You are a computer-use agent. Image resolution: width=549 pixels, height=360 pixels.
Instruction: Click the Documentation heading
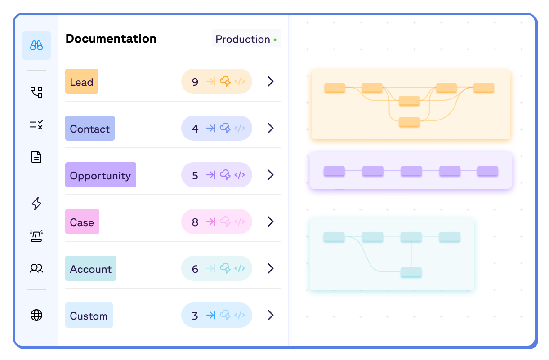pos(111,39)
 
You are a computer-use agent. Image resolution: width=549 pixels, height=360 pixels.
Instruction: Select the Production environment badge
pos(246,39)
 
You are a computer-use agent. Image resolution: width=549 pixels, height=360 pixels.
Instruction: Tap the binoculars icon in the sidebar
pos(36,45)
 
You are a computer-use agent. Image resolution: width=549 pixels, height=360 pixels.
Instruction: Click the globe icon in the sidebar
pos(36,315)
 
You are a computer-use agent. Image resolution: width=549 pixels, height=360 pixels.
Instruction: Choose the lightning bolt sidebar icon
pos(36,204)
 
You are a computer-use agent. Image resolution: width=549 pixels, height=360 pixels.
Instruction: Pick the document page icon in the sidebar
pos(36,157)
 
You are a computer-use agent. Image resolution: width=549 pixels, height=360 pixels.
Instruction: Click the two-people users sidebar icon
pos(36,268)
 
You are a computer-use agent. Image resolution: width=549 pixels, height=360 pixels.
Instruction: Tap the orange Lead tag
pos(82,82)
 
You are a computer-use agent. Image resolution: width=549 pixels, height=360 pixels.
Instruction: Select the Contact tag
pos(90,129)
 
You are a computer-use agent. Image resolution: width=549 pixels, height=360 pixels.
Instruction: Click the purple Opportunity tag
pos(101,175)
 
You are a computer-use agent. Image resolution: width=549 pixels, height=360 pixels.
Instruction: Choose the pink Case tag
pos(82,222)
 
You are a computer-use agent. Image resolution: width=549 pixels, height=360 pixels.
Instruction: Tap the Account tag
pos(91,269)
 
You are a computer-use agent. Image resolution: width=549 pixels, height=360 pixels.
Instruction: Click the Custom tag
pos(89,316)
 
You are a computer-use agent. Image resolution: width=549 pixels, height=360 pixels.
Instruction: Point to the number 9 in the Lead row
pos(195,82)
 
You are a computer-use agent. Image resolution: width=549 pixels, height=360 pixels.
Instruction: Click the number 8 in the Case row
pos(195,222)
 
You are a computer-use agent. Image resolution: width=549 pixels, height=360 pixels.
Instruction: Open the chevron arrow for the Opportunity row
pos(270,175)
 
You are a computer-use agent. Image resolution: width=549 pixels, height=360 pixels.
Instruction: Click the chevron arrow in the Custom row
pos(270,315)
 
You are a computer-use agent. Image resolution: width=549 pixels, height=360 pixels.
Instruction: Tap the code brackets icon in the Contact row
pos(240,128)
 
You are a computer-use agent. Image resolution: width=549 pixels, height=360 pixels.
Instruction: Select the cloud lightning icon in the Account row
pos(225,268)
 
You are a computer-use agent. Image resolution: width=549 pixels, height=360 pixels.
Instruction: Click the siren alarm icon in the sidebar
pos(36,236)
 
